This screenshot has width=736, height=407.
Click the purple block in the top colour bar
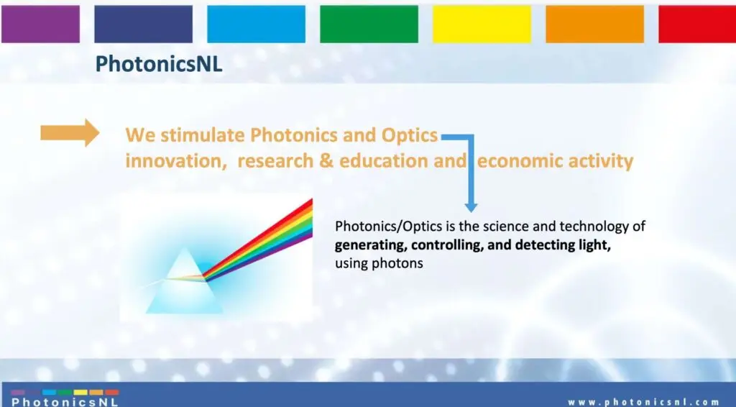click(40, 24)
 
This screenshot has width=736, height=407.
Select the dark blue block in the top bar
click(143, 24)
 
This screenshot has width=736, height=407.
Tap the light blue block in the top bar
click(257, 24)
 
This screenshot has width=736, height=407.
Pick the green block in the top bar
click(369, 24)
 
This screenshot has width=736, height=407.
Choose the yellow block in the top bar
click(482, 24)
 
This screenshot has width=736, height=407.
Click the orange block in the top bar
click(594, 24)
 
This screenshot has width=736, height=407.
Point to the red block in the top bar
click(697, 24)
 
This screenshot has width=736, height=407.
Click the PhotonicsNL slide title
click(159, 64)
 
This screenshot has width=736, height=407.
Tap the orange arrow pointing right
click(70, 133)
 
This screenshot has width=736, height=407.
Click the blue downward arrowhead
click(471, 206)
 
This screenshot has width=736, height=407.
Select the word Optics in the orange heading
click(409, 136)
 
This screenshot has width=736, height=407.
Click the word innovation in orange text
click(173, 161)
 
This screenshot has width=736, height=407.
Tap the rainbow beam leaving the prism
click(258, 240)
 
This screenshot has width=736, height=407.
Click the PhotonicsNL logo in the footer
click(65, 398)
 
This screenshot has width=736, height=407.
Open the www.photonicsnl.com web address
click(643, 402)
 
